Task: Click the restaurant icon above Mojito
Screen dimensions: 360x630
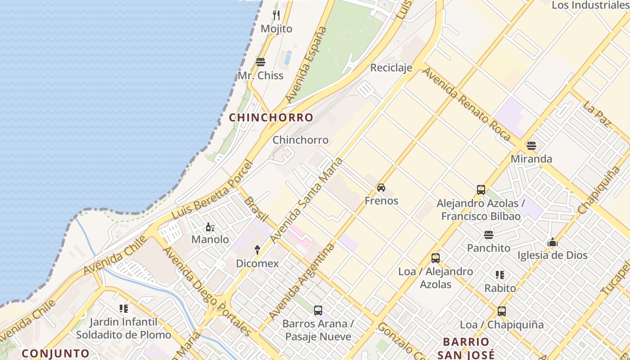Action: click(276, 15)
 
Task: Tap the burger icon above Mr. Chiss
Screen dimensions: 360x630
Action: click(261, 62)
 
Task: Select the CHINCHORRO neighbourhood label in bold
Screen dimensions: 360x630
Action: click(271, 117)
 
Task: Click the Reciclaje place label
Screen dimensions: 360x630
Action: click(391, 67)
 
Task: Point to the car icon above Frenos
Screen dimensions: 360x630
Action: click(381, 188)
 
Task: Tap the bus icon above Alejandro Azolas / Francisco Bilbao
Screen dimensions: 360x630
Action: click(481, 190)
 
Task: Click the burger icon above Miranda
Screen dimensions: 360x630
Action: click(531, 146)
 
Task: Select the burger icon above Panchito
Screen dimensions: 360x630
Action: click(489, 235)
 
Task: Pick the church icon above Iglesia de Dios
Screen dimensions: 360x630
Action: click(553, 243)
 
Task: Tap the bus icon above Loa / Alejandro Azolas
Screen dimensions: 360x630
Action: click(435, 258)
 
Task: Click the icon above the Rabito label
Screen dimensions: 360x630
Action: click(500, 274)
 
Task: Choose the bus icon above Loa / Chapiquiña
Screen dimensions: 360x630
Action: click(502, 311)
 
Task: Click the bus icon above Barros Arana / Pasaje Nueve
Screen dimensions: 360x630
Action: click(318, 310)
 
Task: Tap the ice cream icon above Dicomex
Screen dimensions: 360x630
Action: click(257, 250)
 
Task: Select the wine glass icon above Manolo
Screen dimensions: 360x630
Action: click(210, 227)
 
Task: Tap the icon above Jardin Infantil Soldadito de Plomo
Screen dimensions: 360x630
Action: click(123, 309)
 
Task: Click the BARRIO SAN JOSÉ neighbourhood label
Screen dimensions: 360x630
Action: click(466, 348)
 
